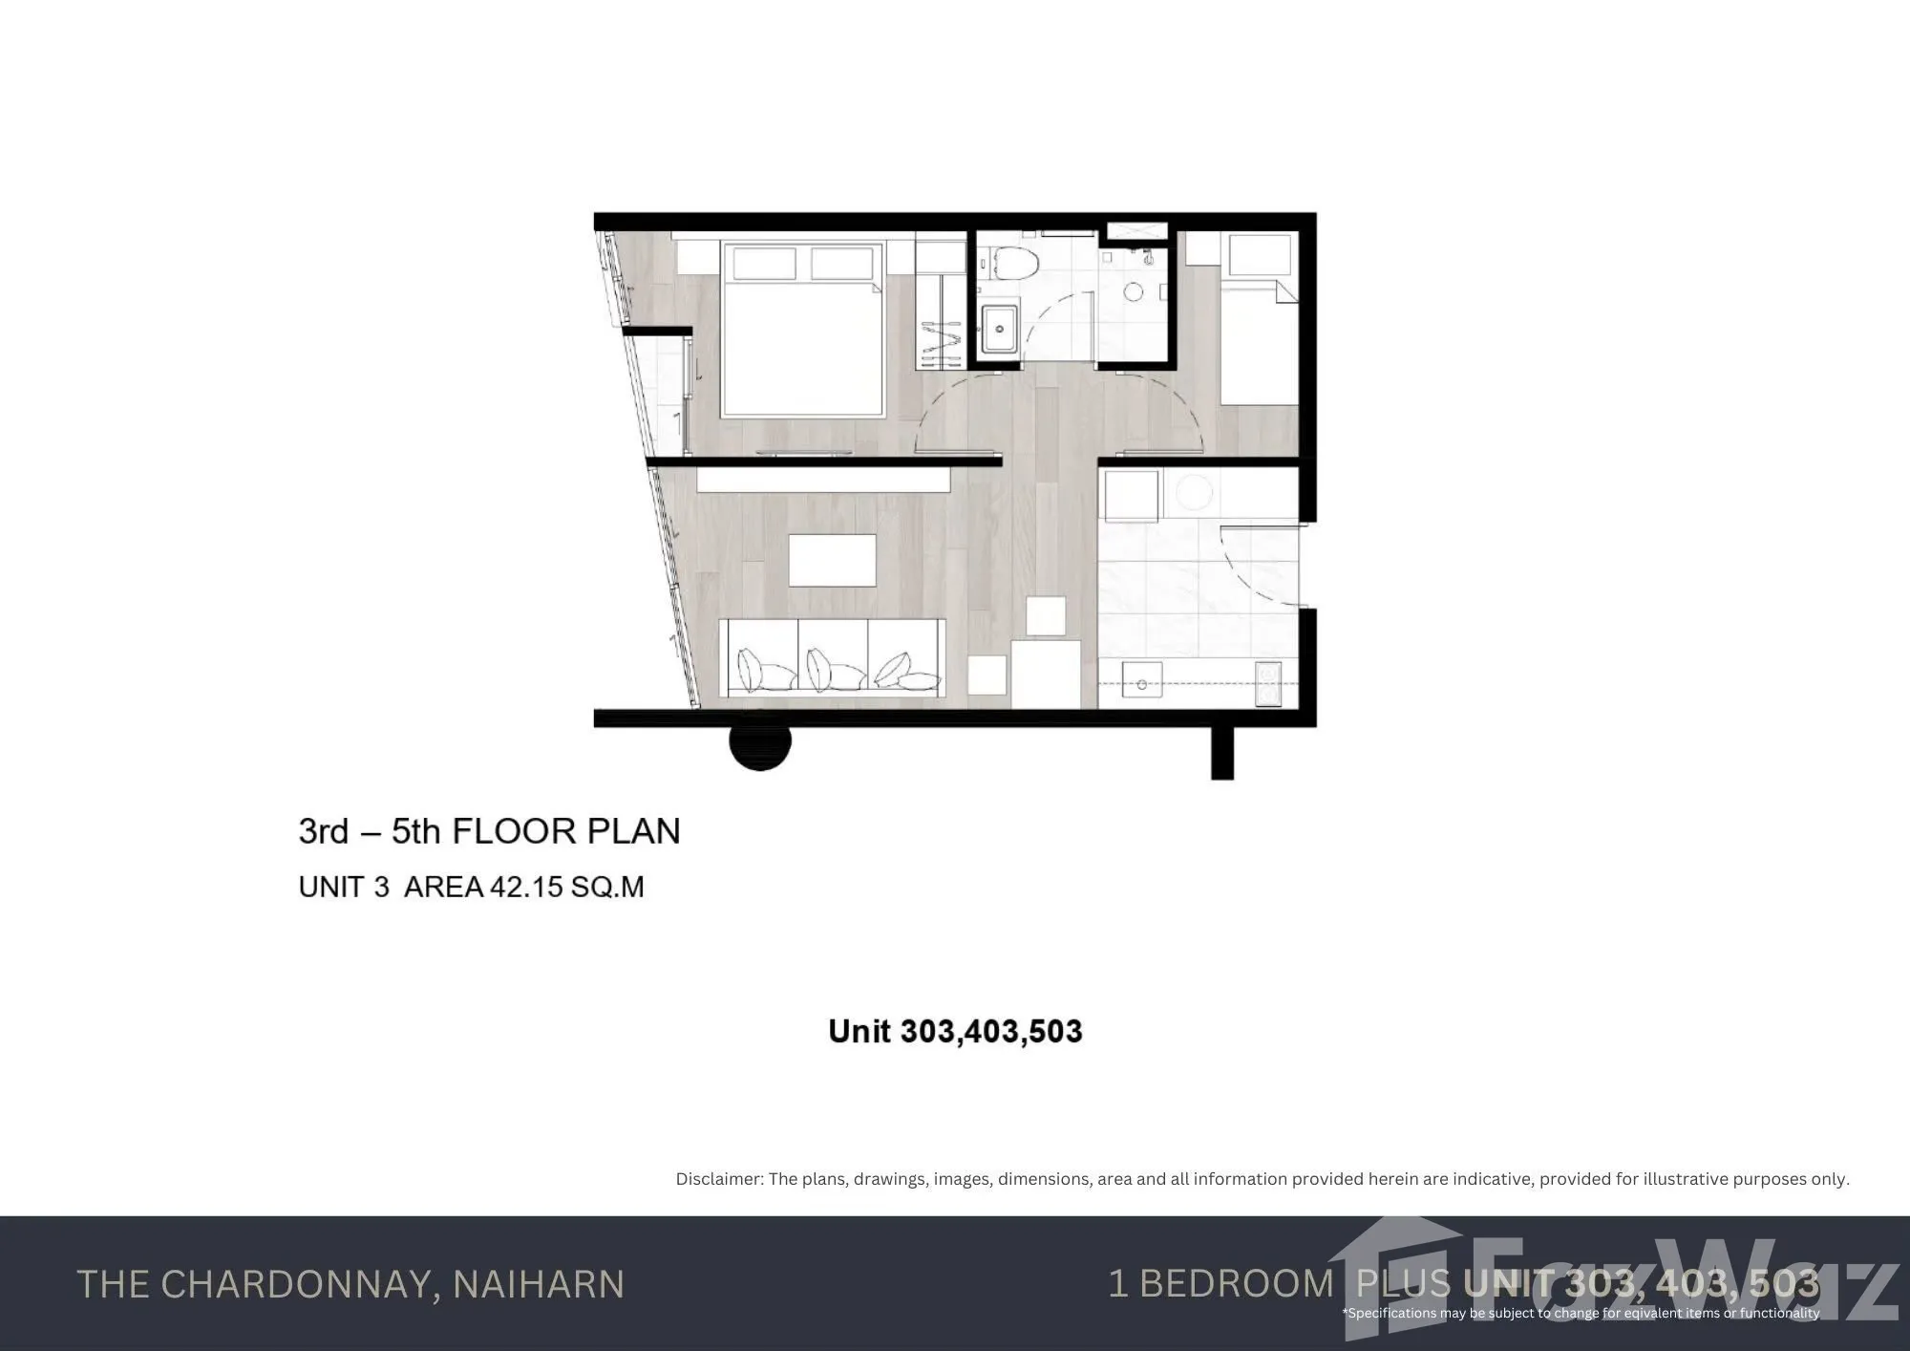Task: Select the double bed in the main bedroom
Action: click(803, 330)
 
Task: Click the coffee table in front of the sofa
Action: click(832, 560)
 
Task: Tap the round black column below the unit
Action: click(760, 746)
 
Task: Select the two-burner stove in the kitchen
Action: click(1268, 684)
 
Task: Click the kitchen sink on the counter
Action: click(1141, 684)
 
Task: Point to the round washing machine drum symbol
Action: click(1193, 493)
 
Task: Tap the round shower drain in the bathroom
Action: click(1133, 291)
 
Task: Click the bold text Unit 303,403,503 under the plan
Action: click(955, 1031)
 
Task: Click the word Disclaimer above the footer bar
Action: click(719, 1179)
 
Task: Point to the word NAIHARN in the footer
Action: click(539, 1284)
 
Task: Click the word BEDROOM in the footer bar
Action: click(1237, 1283)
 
